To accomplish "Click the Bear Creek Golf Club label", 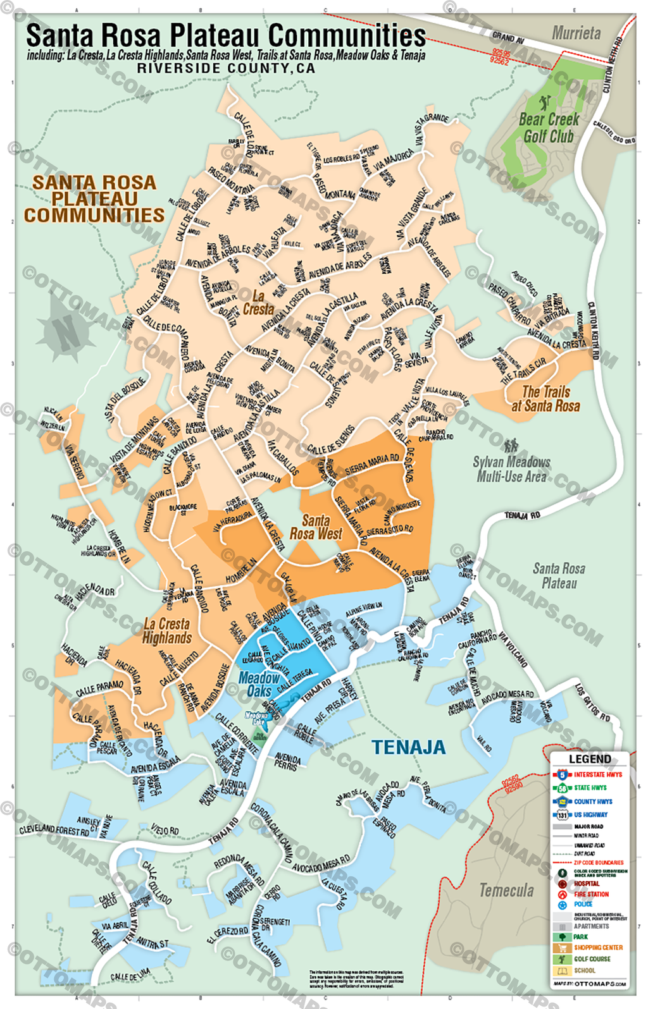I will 549,128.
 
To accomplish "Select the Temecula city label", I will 506,890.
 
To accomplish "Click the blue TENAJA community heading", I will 409,747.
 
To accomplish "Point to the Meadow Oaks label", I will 259,684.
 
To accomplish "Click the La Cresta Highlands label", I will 166,631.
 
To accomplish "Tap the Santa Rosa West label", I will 315,527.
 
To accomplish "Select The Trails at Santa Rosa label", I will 545,399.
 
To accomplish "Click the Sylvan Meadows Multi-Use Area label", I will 511,468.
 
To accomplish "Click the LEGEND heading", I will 590,759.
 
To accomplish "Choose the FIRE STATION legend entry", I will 590,894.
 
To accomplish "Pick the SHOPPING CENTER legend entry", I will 597,947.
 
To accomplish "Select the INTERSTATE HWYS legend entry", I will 597,774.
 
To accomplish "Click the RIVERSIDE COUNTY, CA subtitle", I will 226,68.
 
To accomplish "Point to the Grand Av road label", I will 508,39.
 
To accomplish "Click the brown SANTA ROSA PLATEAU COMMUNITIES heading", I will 94,199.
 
